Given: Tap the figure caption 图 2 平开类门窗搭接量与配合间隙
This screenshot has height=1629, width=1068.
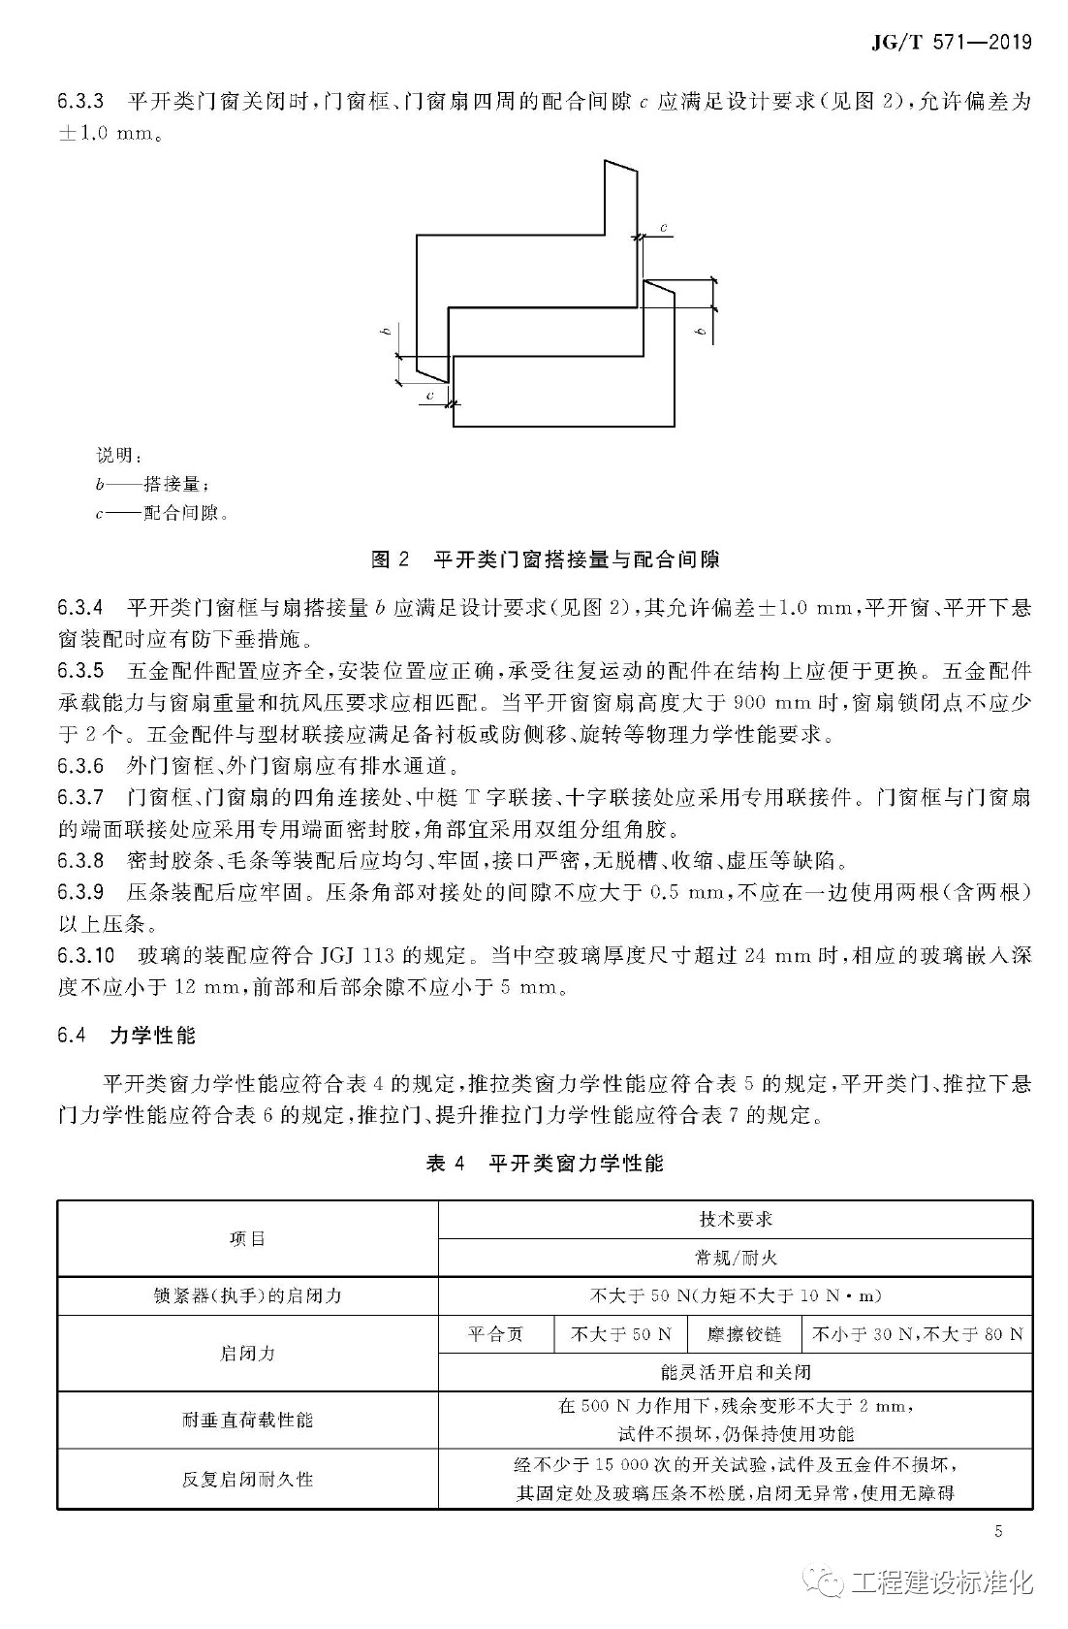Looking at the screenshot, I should [x=546, y=559].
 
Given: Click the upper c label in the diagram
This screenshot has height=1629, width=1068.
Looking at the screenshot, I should [x=664, y=228].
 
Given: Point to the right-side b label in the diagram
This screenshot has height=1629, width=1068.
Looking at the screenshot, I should [x=701, y=331].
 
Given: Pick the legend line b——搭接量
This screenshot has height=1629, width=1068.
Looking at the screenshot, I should [x=152, y=484].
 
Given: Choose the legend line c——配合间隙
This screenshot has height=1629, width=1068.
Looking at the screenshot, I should [x=162, y=513].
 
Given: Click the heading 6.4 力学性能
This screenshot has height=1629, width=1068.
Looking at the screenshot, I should [x=126, y=1036].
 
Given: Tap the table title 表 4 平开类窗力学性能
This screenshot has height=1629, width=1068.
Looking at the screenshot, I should [x=545, y=1163].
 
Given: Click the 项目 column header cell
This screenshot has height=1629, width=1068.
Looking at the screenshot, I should [x=247, y=1238].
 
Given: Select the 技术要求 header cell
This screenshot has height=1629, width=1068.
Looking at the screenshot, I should [x=736, y=1219].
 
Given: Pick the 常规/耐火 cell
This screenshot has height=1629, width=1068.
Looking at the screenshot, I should [x=736, y=1258].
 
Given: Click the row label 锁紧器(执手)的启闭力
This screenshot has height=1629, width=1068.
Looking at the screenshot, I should [x=247, y=1295].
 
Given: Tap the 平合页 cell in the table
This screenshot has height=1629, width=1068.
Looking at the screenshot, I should [x=495, y=1334].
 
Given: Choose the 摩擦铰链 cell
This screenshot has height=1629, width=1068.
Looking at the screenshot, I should [x=744, y=1334].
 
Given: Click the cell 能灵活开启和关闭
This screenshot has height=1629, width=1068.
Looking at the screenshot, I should [x=736, y=1372].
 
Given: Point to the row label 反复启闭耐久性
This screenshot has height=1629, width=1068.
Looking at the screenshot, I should [x=247, y=1479].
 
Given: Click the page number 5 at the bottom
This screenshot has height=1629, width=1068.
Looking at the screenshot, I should [x=998, y=1531].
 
